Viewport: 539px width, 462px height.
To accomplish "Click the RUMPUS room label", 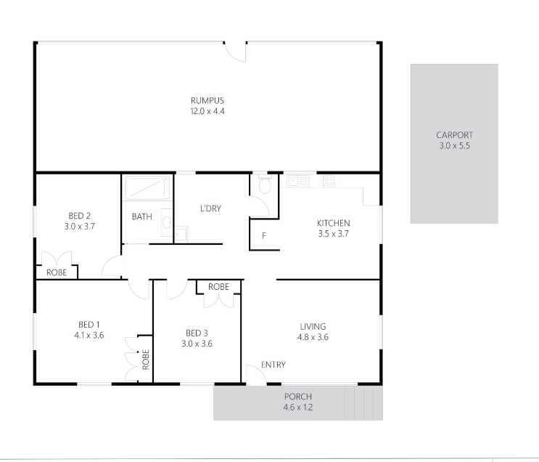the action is click(x=207, y=100).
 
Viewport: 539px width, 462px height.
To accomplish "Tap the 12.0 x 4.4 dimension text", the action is click(x=207, y=111).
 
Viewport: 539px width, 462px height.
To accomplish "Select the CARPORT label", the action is click(x=454, y=135).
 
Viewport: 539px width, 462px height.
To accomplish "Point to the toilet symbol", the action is click(x=265, y=185).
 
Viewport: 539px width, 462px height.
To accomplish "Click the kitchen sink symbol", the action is click(x=298, y=181).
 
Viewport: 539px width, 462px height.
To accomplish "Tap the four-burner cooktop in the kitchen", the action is click(x=329, y=181).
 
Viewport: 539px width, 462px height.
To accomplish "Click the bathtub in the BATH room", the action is click(x=147, y=187).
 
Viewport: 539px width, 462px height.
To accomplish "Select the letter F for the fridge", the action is click(x=264, y=236).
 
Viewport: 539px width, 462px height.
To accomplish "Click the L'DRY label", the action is click(x=210, y=208).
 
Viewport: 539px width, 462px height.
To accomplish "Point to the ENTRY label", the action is click(x=273, y=365).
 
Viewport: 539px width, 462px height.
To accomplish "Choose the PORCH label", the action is click(x=298, y=397).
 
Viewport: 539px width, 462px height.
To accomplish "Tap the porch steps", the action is click(x=363, y=402).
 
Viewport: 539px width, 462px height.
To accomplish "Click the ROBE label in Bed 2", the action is click(x=57, y=272).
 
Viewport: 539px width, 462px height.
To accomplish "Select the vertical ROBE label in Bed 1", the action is click(x=146, y=360).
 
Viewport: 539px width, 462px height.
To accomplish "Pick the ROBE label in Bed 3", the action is click(x=218, y=287).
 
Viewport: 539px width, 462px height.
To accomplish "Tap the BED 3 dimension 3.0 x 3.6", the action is click(x=197, y=344).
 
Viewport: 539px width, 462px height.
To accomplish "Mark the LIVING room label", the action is click(x=313, y=326).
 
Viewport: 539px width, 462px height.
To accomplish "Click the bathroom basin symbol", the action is click(x=167, y=222).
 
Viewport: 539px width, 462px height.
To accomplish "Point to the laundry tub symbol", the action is click(x=181, y=235).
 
